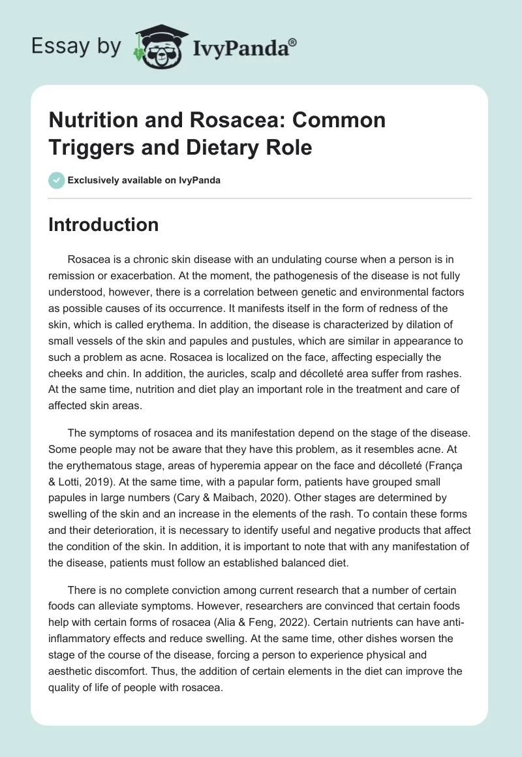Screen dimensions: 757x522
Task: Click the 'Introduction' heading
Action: [x=104, y=225]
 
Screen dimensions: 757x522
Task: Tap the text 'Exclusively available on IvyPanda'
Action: [x=144, y=180]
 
